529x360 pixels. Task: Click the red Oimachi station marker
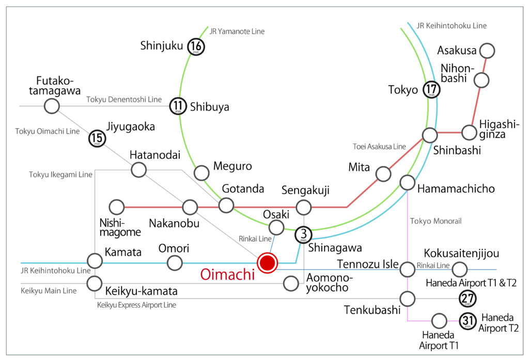pyautogui.click(x=267, y=262)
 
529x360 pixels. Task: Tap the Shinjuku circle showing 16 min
pyautogui.click(x=196, y=46)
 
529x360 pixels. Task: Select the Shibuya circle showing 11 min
pyautogui.click(x=178, y=107)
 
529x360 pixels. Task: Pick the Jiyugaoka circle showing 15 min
pyautogui.click(x=97, y=138)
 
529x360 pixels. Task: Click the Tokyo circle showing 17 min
pyautogui.click(x=431, y=90)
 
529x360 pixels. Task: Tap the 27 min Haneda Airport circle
pyautogui.click(x=468, y=298)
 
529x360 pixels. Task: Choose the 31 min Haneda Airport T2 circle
pyautogui.click(x=468, y=321)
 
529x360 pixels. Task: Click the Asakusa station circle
pyautogui.click(x=487, y=51)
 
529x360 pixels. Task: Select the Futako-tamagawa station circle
pyautogui.click(x=51, y=106)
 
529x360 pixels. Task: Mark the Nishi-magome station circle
pyautogui.click(x=117, y=207)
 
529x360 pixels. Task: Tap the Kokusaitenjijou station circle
pyautogui.click(x=460, y=269)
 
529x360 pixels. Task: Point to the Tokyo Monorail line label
pyautogui.click(x=435, y=221)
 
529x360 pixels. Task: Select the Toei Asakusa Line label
pyautogui.click(x=379, y=147)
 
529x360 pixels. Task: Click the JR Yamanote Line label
pyautogui.click(x=237, y=32)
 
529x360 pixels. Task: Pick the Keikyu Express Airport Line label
pyautogui.click(x=136, y=305)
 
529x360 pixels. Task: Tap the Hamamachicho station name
pyautogui.click(x=456, y=189)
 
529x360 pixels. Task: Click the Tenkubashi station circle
pyautogui.click(x=408, y=298)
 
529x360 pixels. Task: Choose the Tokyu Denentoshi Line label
pyautogui.click(x=124, y=100)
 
